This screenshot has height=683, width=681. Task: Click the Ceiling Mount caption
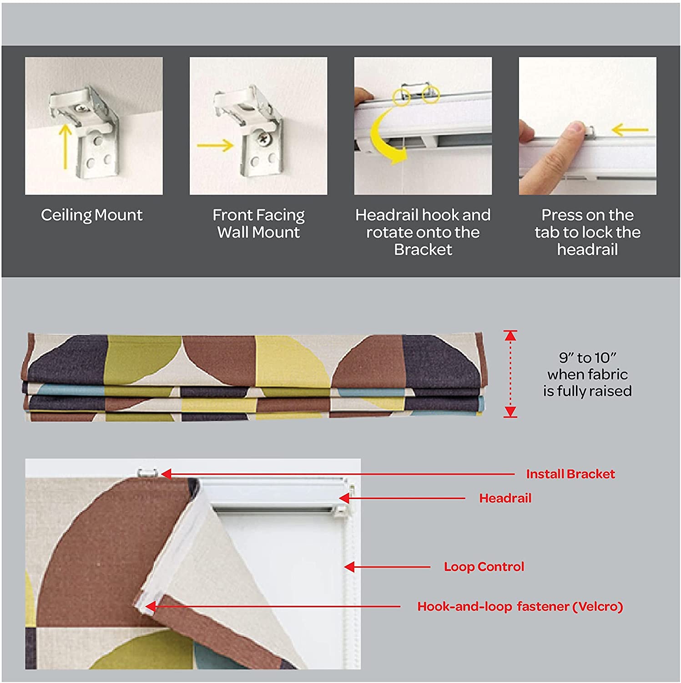[91, 215]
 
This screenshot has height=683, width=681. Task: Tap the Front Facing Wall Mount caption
[258, 224]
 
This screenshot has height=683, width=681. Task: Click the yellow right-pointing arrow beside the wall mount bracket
[215, 146]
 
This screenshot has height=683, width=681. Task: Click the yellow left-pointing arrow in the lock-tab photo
[630, 130]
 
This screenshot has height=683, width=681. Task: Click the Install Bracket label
[570, 474]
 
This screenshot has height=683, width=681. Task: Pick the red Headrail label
[505, 498]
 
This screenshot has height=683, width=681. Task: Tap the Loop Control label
[484, 567]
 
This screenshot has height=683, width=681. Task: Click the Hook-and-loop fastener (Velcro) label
[520, 607]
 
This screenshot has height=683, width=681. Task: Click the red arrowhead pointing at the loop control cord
[349, 567]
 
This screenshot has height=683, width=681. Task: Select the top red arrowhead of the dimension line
[510, 336]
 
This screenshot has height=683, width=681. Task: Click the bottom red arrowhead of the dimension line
[510, 412]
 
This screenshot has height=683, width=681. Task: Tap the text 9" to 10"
[587, 358]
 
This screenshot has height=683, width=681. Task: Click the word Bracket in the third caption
[423, 250]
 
